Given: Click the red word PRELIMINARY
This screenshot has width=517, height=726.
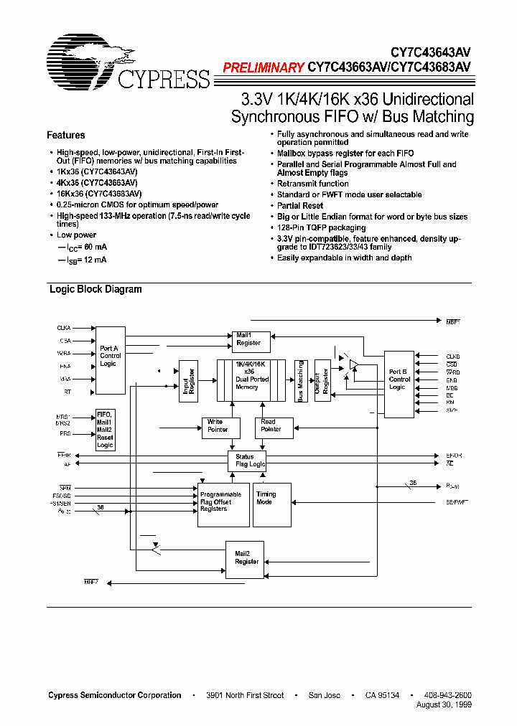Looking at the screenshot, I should [264, 68].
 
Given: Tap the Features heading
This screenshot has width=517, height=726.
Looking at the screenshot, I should [66, 135].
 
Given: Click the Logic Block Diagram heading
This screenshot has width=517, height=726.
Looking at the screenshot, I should [96, 289].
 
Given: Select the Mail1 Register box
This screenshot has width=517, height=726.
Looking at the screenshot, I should [248, 339].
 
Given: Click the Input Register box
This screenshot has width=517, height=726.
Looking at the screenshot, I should [188, 381].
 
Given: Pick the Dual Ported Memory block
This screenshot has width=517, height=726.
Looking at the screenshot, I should [251, 380].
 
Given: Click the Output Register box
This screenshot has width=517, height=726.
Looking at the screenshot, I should [322, 381].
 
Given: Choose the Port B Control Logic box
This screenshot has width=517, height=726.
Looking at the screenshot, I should [399, 384].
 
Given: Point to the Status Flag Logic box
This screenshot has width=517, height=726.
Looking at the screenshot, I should [247, 461].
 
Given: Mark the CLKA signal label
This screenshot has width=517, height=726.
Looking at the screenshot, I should [64, 328].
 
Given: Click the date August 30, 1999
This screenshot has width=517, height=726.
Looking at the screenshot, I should [444, 705].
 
